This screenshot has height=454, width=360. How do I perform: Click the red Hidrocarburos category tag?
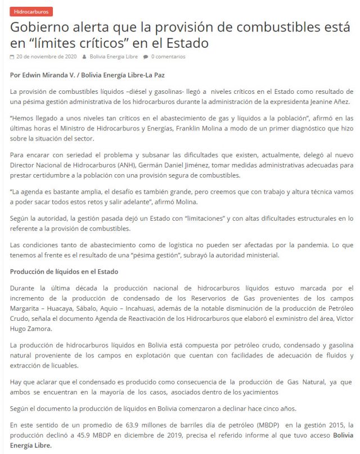31,11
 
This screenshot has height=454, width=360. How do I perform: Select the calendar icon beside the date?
12,57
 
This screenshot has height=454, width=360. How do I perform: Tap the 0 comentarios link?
168,57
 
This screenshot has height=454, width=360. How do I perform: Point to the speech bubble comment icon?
146,57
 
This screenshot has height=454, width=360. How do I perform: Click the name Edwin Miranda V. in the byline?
47,75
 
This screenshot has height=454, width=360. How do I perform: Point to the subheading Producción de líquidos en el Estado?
64,272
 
